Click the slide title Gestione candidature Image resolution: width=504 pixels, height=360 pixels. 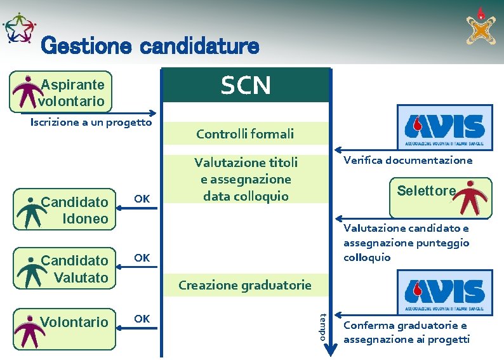tap(150, 46)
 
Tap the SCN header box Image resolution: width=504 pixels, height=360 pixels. tap(246, 85)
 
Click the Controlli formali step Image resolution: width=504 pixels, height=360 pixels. tap(246, 133)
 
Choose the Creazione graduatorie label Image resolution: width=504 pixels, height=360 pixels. tap(245, 285)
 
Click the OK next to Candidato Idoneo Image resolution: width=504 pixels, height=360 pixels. tap(142, 199)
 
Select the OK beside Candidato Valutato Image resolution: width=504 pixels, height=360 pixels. tap(142, 258)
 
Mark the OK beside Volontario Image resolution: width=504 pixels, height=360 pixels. tap(142, 318)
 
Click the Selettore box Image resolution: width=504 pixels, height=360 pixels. tap(444, 196)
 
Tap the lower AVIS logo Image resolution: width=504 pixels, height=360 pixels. tap(444, 291)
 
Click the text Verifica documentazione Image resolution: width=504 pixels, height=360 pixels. tap(408, 161)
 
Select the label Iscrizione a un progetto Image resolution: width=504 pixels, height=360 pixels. tap(91, 122)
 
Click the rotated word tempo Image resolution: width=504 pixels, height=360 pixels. tap(323, 326)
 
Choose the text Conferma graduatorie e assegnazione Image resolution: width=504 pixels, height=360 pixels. tap(406, 333)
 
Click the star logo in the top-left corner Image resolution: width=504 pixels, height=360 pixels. tap(20, 29)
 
